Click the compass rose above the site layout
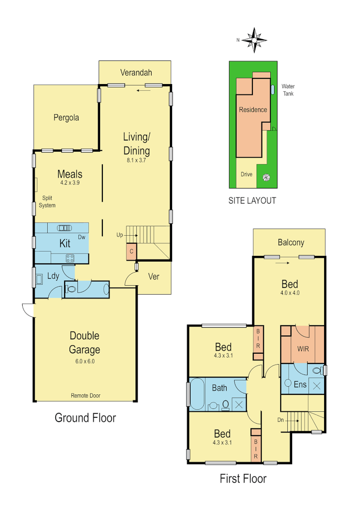[254, 40]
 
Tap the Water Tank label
[288, 90]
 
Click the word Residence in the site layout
[253, 110]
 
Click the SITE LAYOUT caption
[252, 201]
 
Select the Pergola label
[66, 118]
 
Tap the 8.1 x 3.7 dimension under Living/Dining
[136, 161]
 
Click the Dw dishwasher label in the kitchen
[82, 238]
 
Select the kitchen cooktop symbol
[70, 258]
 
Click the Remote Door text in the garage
[85, 396]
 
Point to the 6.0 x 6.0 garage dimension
[85, 361]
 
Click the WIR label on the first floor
[303, 350]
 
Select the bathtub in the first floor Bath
[196, 393]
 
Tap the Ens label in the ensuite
[300, 384]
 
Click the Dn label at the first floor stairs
[280, 419]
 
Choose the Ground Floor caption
[85, 417]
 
